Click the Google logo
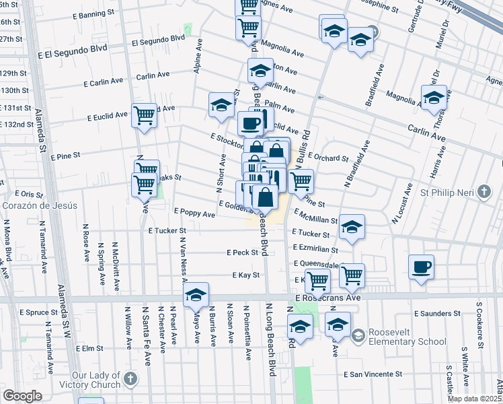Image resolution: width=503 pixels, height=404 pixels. click(x=22, y=396)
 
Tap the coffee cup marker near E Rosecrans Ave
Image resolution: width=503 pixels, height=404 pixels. click(x=421, y=267)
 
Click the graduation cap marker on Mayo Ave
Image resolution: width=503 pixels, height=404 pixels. click(x=196, y=295)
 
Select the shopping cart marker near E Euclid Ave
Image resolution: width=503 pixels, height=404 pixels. click(x=144, y=116)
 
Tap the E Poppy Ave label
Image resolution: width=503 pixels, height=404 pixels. click(x=194, y=213)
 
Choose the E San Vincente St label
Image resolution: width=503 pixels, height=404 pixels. click(x=373, y=374)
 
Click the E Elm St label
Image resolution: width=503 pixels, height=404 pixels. click(x=89, y=349)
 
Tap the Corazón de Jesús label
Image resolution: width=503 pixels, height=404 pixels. click(x=39, y=205)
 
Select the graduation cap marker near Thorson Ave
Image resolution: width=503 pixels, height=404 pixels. click(x=434, y=98)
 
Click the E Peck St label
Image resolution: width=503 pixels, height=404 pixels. click(x=242, y=252)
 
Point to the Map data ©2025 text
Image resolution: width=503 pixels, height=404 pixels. click(x=474, y=399)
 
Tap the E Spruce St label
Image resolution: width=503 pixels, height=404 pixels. click(x=39, y=312)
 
